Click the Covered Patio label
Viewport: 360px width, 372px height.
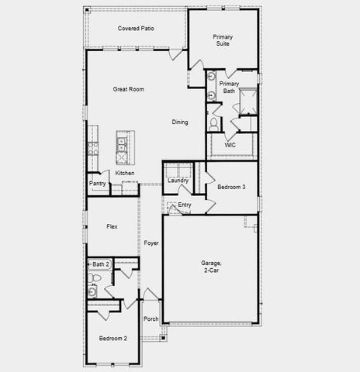pos(136,29)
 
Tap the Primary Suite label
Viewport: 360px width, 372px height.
pos(223,40)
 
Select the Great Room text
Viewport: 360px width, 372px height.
pos(129,90)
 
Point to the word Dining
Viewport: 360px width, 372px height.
pos(180,122)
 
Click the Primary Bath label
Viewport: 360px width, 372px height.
pos(228,88)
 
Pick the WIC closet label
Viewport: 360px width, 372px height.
pos(230,145)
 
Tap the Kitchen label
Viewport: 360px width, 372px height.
pos(125,173)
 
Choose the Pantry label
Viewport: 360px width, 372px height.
pos(98,184)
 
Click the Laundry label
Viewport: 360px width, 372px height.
pos(178,181)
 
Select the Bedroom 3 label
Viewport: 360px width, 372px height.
pos(231,188)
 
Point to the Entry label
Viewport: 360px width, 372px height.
pos(185,205)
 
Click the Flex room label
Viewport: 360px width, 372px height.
pos(112,226)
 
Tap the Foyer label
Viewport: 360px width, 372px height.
pos(151,243)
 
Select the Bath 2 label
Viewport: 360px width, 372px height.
pos(102,264)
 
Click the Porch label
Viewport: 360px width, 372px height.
pos(151,319)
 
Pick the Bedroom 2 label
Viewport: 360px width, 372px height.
pos(112,339)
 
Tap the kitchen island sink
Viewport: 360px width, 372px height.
pos(123,143)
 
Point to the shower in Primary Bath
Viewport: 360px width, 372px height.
pos(249,101)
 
